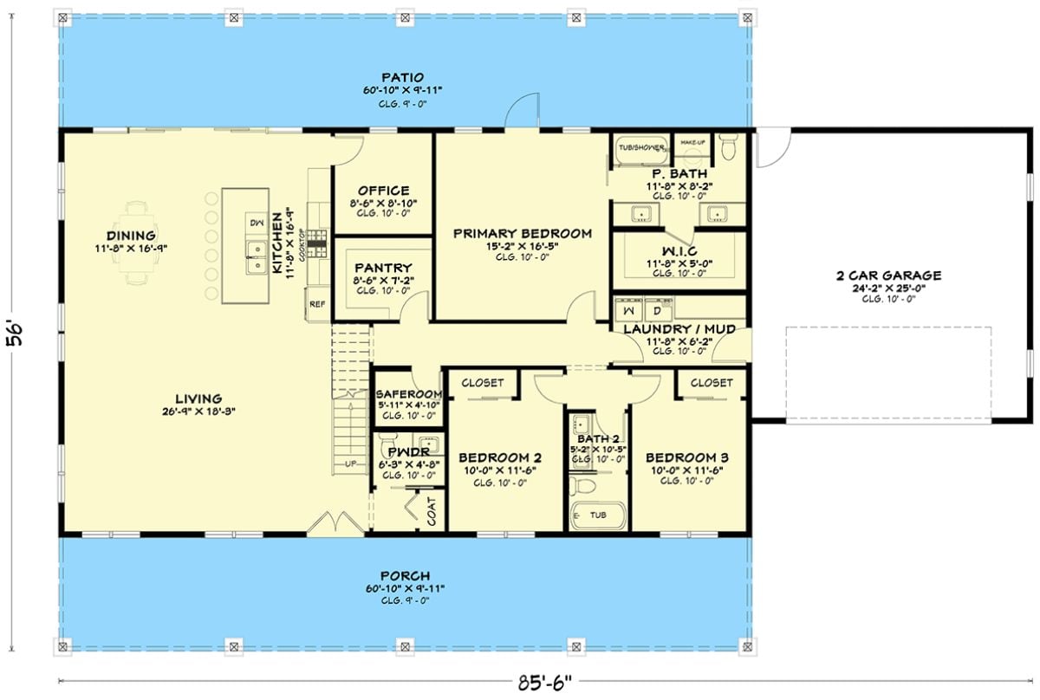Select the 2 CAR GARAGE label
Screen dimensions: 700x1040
(888, 275)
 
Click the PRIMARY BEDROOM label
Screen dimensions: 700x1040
(522, 233)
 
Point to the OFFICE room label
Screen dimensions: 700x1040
(382, 191)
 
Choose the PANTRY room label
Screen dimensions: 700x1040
(382, 269)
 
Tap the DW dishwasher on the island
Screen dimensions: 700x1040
(256, 222)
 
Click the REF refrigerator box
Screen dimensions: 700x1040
(318, 305)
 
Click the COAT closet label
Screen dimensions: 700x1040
(431, 511)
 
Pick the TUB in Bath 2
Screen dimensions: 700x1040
(597, 515)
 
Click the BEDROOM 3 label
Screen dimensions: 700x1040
(686, 457)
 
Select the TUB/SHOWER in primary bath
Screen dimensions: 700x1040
(641, 148)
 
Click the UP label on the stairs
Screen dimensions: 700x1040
(351, 464)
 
